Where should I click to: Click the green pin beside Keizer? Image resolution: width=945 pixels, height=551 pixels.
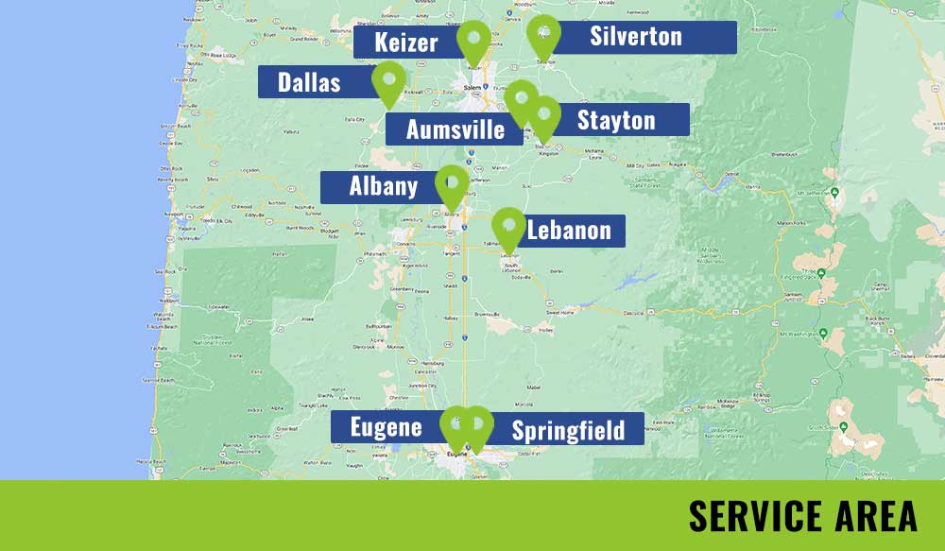[472, 41]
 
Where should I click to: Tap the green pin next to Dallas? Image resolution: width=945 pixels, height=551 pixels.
[388, 80]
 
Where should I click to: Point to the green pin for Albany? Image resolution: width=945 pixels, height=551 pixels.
[452, 184]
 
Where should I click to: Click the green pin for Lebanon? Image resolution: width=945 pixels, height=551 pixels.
[508, 227]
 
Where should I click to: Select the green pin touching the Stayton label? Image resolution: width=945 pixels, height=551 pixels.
[544, 116]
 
